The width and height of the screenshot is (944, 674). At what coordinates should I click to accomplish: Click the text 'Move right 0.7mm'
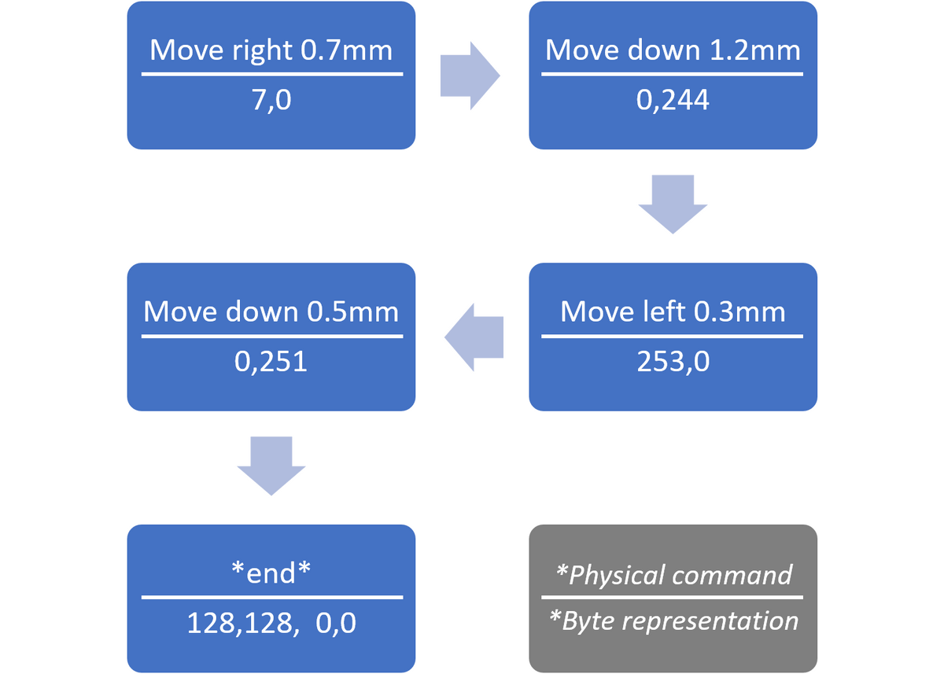point(271,51)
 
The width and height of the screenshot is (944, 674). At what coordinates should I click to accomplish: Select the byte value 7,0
point(271,101)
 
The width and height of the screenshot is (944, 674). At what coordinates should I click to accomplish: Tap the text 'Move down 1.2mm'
point(673,50)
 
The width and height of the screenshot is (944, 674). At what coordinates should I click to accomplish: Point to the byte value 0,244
point(673,101)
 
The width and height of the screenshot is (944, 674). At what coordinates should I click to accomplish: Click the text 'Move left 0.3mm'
point(673,311)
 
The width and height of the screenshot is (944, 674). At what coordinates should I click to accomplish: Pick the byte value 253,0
point(673,362)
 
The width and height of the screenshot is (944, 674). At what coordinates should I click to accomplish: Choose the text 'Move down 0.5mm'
point(271,311)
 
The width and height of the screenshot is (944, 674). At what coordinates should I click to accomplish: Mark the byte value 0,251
point(271,362)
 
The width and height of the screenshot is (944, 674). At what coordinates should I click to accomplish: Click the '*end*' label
point(271,573)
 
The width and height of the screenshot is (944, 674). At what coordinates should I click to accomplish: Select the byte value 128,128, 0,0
point(271,623)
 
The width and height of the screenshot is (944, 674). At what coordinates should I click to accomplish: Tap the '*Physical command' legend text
point(673,575)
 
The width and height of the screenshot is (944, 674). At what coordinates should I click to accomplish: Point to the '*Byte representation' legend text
point(673,621)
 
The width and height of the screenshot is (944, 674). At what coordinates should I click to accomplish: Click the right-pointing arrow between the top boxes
point(470,76)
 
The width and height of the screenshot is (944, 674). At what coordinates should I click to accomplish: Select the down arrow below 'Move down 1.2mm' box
point(673,204)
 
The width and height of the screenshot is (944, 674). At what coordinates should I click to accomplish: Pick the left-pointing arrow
point(474,337)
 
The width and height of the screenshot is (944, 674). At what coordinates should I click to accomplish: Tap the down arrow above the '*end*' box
point(271,466)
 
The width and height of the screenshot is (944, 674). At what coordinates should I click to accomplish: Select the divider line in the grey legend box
point(672,598)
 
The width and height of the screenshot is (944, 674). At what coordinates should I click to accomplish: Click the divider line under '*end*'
point(272,598)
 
